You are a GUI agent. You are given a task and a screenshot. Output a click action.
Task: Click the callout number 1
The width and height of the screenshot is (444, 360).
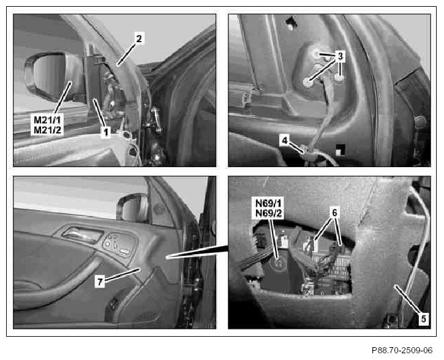coord(106,132)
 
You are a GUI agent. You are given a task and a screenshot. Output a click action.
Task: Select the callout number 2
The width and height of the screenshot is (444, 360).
coord(139,38)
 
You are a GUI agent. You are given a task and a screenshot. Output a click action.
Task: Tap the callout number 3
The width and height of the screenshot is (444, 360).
coord(340,56)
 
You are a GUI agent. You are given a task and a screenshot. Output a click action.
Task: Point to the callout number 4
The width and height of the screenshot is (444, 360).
coord(285,140)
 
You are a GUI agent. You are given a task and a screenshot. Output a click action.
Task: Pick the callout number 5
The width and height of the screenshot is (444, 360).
coord(423,319)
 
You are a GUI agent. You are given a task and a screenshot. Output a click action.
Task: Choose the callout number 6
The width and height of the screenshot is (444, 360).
coord(335,212)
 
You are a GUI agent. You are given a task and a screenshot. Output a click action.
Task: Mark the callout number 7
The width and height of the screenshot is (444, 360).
coord(100,282)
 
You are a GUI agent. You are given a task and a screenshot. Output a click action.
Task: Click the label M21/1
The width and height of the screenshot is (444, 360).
coord(47,120)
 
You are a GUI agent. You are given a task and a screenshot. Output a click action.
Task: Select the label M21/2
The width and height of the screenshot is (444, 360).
coord(47,130)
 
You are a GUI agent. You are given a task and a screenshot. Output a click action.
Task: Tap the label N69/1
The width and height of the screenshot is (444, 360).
coord(269,203)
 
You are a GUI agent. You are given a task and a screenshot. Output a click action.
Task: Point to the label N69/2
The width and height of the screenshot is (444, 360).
coord(269,213)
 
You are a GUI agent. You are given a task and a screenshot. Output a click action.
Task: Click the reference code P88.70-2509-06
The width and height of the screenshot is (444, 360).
coord(402,350)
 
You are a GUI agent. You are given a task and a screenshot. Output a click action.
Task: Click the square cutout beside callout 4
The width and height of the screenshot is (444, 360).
coord(340,149)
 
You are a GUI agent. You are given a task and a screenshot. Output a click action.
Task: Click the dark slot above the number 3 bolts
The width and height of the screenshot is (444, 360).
coord(291,23)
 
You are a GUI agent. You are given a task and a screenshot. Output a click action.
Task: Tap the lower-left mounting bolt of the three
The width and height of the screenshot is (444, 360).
coord(307,83)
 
